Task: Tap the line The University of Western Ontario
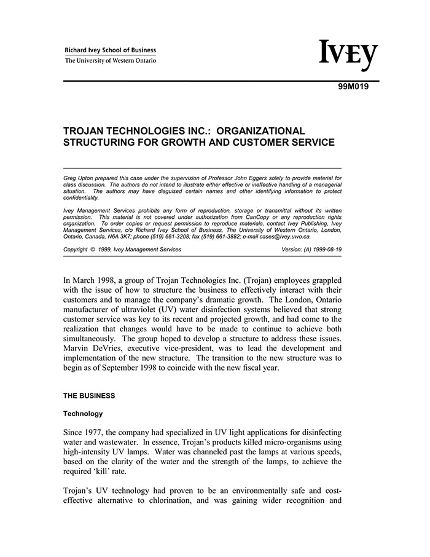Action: (x=111, y=61)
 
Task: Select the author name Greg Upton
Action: (x=77, y=178)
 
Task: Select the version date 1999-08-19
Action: (x=325, y=250)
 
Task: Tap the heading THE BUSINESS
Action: (x=89, y=395)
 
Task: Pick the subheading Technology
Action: (x=83, y=414)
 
